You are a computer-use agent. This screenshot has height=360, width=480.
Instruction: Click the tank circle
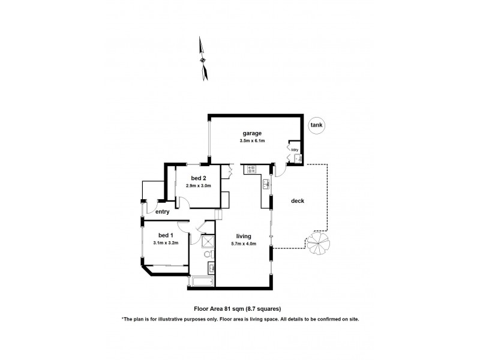pyautogui.click(x=316, y=125)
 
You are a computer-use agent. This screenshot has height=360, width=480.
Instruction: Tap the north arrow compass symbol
pyautogui.click(x=204, y=58)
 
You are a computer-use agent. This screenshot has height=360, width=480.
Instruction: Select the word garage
pyautogui.click(x=253, y=133)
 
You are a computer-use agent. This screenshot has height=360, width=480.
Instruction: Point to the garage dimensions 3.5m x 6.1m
pyautogui.click(x=253, y=140)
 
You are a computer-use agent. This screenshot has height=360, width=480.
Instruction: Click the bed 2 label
pyautogui.click(x=199, y=178)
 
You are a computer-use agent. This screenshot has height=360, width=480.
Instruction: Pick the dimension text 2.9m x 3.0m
pyautogui.click(x=199, y=185)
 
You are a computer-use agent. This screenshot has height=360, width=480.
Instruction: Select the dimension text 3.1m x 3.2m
pyautogui.click(x=166, y=242)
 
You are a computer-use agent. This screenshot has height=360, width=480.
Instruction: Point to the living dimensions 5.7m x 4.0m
pyautogui.click(x=243, y=244)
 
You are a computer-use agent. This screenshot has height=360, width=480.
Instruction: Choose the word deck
pyautogui.click(x=298, y=201)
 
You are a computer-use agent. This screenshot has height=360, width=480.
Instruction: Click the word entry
pyautogui.click(x=162, y=212)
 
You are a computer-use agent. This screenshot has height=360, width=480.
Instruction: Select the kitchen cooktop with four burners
pyautogui.click(x=250, y=169)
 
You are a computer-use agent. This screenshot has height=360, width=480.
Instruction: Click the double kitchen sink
pyautogui.click(x=265, y=184)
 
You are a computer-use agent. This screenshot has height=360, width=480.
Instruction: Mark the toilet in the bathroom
pyautogui.click(x=208, y=255)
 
